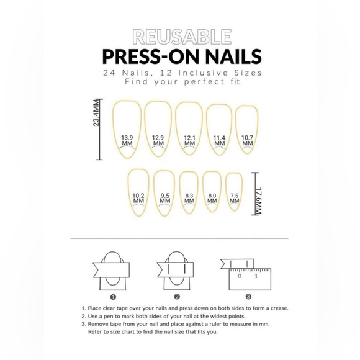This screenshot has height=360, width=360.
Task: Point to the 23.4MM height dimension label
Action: coord(96,115)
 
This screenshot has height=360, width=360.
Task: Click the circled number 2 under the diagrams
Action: coord(177,297)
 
